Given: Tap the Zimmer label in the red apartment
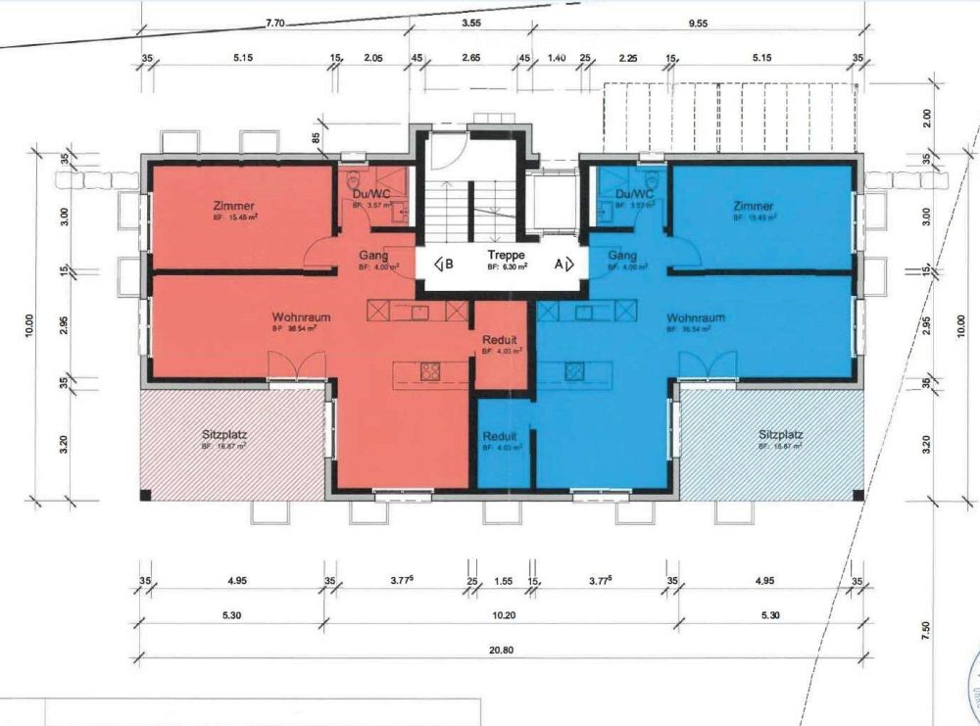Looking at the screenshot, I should (x=234, y=206).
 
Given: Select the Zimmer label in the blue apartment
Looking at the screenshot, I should (x=754, y=206).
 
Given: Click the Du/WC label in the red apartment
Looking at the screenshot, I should (x=370, y=194).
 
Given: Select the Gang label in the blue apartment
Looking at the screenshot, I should (x=622, y=255).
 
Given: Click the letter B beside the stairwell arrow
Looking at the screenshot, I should (x=449, y=263).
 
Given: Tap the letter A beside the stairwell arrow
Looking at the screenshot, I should (x=558, y=263).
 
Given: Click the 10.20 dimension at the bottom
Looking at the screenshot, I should (x=502, y=614).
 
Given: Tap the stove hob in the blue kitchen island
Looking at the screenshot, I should (x=574, y=371).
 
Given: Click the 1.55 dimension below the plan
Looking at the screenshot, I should (x=504, y=581).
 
